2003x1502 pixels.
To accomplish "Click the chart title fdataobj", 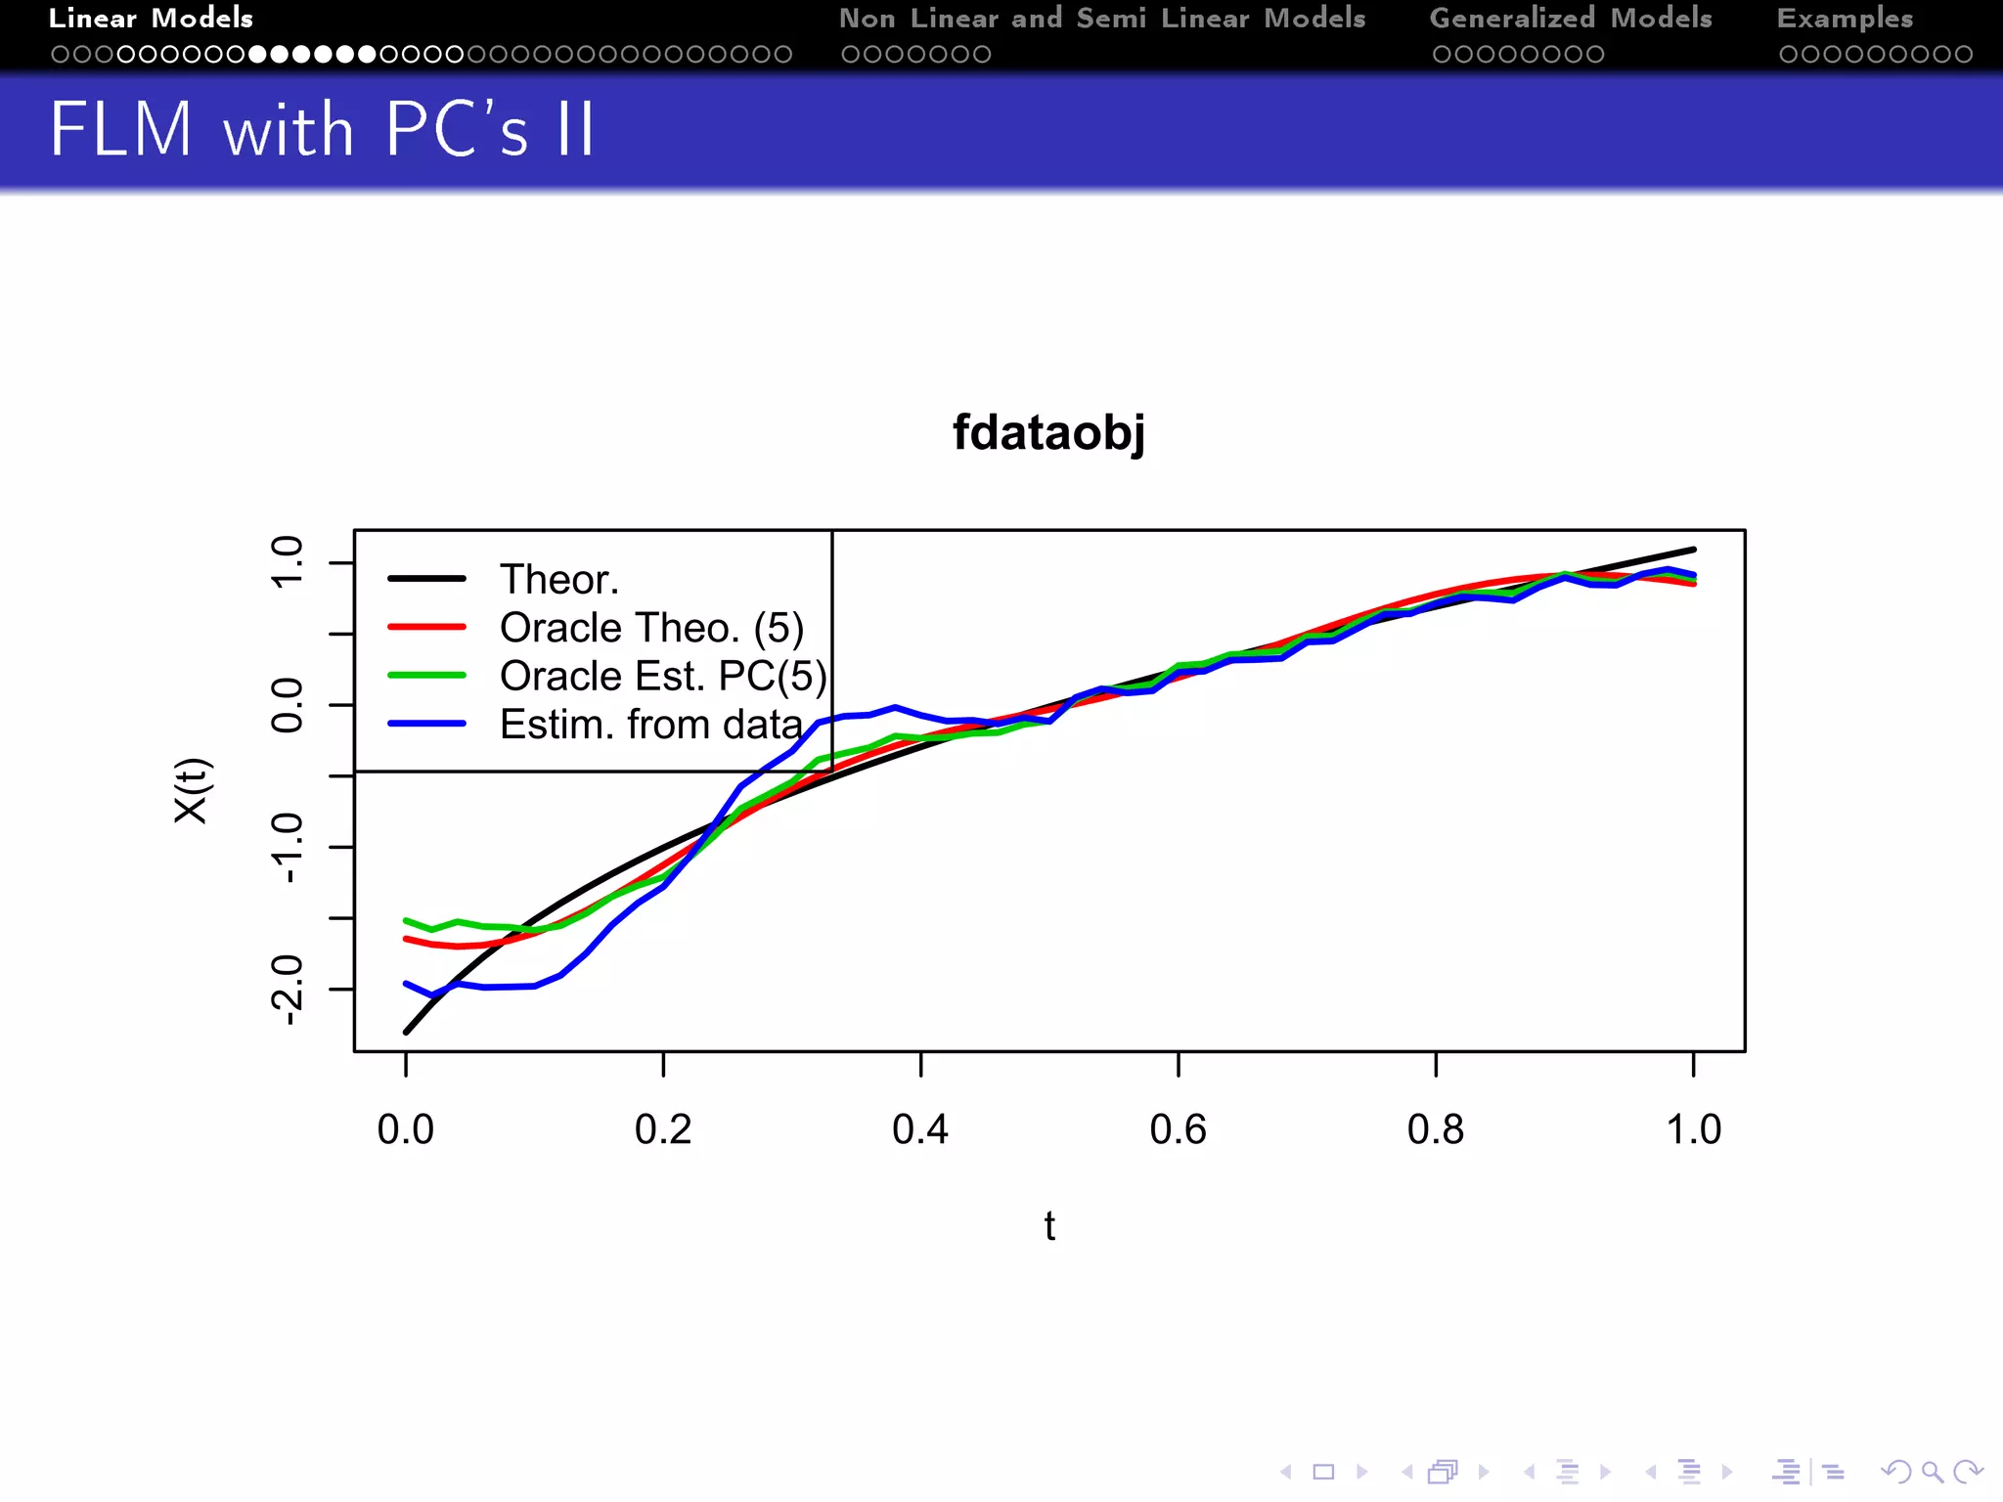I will click(x=1048, y=431).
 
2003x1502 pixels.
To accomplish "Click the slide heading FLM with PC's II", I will click(x=322, y=129).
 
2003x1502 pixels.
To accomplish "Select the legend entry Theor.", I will click(x=558, y=580).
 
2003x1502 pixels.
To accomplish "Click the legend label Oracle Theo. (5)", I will click(x=651, y=628).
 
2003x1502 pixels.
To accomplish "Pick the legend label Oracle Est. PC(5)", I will click(x=663, y=676).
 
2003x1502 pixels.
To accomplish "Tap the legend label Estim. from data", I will click(x=650, y=725).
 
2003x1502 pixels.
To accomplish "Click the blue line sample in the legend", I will click(x=426, y=724).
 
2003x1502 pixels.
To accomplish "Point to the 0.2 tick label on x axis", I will click(x=663, y=1129).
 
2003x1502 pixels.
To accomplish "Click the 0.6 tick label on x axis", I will click(x=1178, y=1129).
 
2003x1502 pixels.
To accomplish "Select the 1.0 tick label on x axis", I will click(x=1693, y=1129).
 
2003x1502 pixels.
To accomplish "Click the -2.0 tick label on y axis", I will click(x=288, y=990).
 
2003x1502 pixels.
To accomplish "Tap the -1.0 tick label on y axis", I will click(x=288, y=847).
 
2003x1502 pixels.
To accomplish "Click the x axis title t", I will click(x=1049, y=1226).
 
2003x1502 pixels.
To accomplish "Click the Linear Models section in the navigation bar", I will click(x=151, y=18).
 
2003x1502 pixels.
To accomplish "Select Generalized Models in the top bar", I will click(x=1571, y=18).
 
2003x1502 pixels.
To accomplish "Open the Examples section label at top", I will click(x=1845, y=18).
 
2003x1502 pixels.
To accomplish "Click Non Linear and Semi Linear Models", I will click(x=1102, y=18).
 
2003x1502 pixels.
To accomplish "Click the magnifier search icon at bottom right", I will click(x=1932, y=1472).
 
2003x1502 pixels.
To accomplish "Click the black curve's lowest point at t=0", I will click(x=407, y=1031).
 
